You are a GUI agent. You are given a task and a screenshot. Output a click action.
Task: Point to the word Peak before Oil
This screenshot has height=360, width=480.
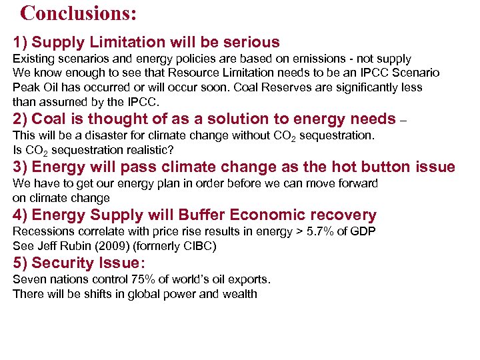26,88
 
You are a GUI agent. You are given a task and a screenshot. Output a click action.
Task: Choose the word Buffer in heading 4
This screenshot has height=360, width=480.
203,215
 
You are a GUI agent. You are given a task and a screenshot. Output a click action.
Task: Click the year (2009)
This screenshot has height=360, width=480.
121,245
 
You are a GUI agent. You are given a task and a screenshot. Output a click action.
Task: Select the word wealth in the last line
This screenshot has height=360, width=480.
239,293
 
